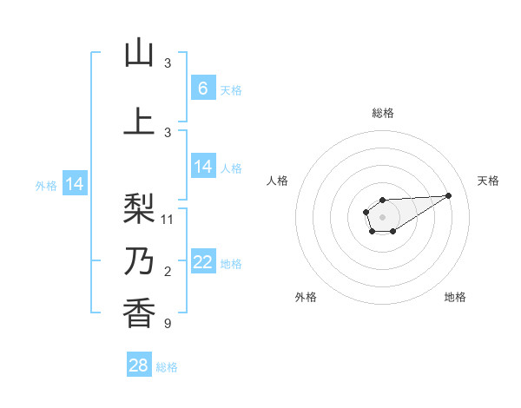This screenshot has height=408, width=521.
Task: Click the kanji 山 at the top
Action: click(139, 54)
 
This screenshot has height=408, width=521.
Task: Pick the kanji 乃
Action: click(139, 262)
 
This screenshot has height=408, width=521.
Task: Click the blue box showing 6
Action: click(203, 88)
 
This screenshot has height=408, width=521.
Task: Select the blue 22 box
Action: click(203, 262)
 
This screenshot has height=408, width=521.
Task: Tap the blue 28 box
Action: click(139, 365)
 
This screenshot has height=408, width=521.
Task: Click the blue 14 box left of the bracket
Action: click(75, 184)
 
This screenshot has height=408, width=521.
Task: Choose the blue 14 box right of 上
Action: click(203, 167)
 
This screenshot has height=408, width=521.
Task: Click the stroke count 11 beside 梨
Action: click(168, 219)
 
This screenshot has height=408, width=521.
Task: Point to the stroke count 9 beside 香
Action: click(168, 324)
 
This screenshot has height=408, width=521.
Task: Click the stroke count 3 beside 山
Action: click(168, 63)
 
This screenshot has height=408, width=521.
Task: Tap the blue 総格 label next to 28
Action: click(167, 367)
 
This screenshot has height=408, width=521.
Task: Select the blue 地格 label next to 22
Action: click(231, 264)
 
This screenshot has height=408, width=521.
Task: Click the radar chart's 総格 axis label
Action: click(382, 113)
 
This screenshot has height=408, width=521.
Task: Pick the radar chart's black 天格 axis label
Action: click(488, 181)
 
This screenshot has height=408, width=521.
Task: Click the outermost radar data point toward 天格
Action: click(449, 194)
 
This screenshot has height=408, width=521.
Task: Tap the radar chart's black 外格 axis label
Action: click(306, 297)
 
